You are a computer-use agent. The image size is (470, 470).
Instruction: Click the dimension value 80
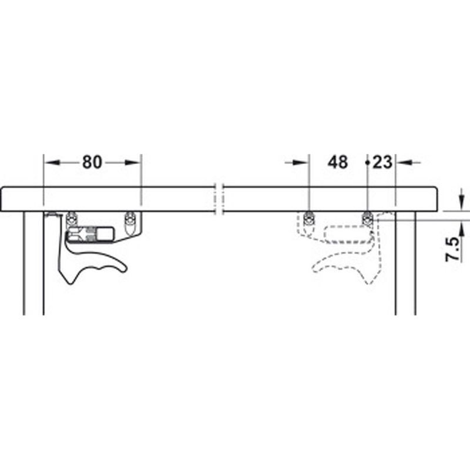[92, 162]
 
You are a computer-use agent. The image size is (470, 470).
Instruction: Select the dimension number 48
[337, 162]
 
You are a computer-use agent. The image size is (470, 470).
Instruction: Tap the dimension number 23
[382, 162]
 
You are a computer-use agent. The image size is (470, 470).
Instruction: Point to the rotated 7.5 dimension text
[453, 249]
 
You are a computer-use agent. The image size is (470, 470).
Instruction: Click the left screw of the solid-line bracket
[72, 217]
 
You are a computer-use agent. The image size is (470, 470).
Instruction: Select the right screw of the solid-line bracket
[131, 217]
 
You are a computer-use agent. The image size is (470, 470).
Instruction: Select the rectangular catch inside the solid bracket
[91, 234]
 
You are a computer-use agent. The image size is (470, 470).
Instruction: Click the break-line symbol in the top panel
[219, 200]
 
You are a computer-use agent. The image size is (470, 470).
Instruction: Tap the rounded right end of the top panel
[436, 200]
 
